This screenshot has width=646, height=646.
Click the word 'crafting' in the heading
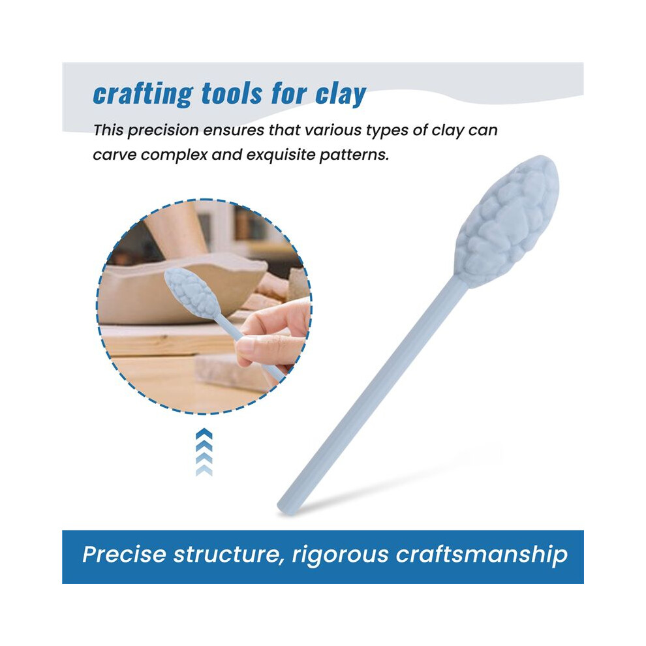[142, 95]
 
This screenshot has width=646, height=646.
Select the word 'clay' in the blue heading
[340, 95]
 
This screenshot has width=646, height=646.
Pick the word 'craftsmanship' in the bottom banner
[481, 555]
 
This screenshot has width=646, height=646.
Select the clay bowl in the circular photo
[181, 288]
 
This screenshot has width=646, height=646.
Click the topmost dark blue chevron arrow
[204, 434]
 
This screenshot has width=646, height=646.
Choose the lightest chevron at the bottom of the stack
[204, 471]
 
